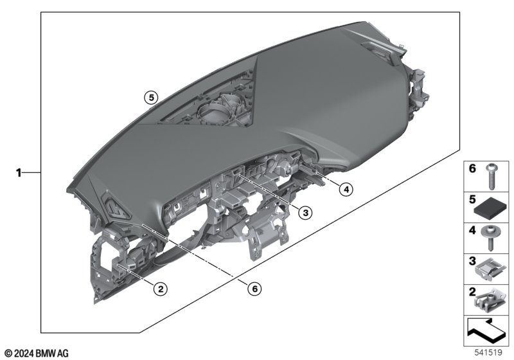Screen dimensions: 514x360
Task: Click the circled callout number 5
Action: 151,97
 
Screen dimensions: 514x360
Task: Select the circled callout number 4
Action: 346,189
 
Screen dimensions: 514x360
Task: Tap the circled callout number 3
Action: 305,213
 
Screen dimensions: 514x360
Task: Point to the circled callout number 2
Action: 161,289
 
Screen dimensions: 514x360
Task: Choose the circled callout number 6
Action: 254,289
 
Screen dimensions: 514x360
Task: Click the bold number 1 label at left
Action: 19,172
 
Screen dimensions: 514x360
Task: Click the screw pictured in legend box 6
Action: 491,176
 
